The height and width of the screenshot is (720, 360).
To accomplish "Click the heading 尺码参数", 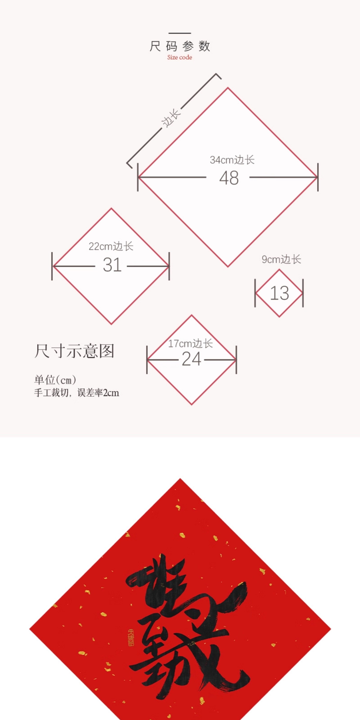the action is pyautogui.click(x=180, y=46).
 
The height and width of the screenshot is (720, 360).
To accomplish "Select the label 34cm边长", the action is pyautogui.click(x=232, y=160).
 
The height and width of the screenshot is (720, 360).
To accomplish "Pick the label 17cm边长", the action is pyautogui.click(x=190, y=343).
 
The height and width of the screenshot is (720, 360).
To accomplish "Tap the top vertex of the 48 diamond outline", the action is pyautogui.click(x=228, y=88).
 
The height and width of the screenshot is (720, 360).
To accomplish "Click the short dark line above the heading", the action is pyautogui.click(x=180, y=33).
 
